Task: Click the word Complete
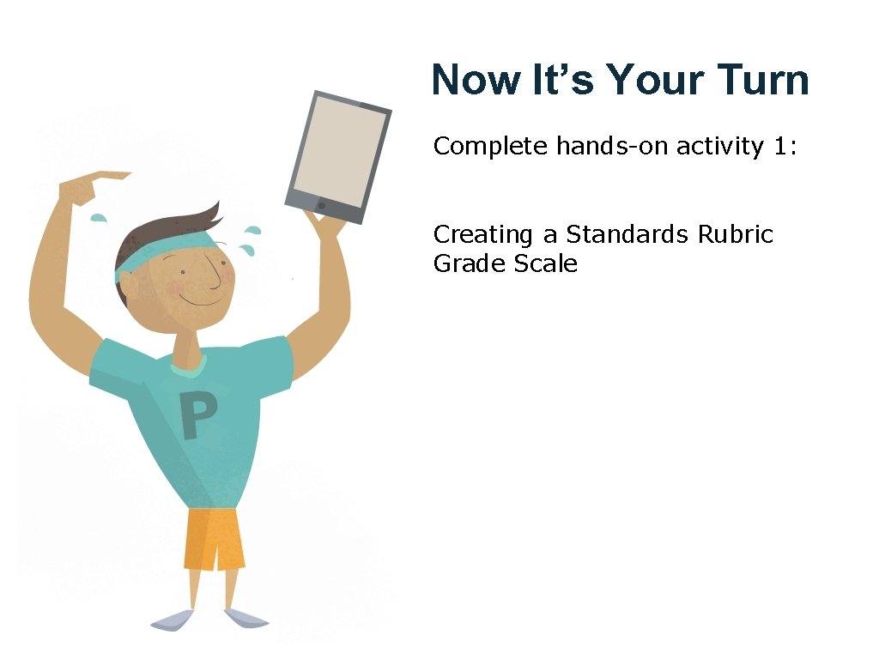[490, 147]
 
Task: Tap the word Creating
[484, 235]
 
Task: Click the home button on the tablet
[322, 206]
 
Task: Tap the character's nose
[225, 277]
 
